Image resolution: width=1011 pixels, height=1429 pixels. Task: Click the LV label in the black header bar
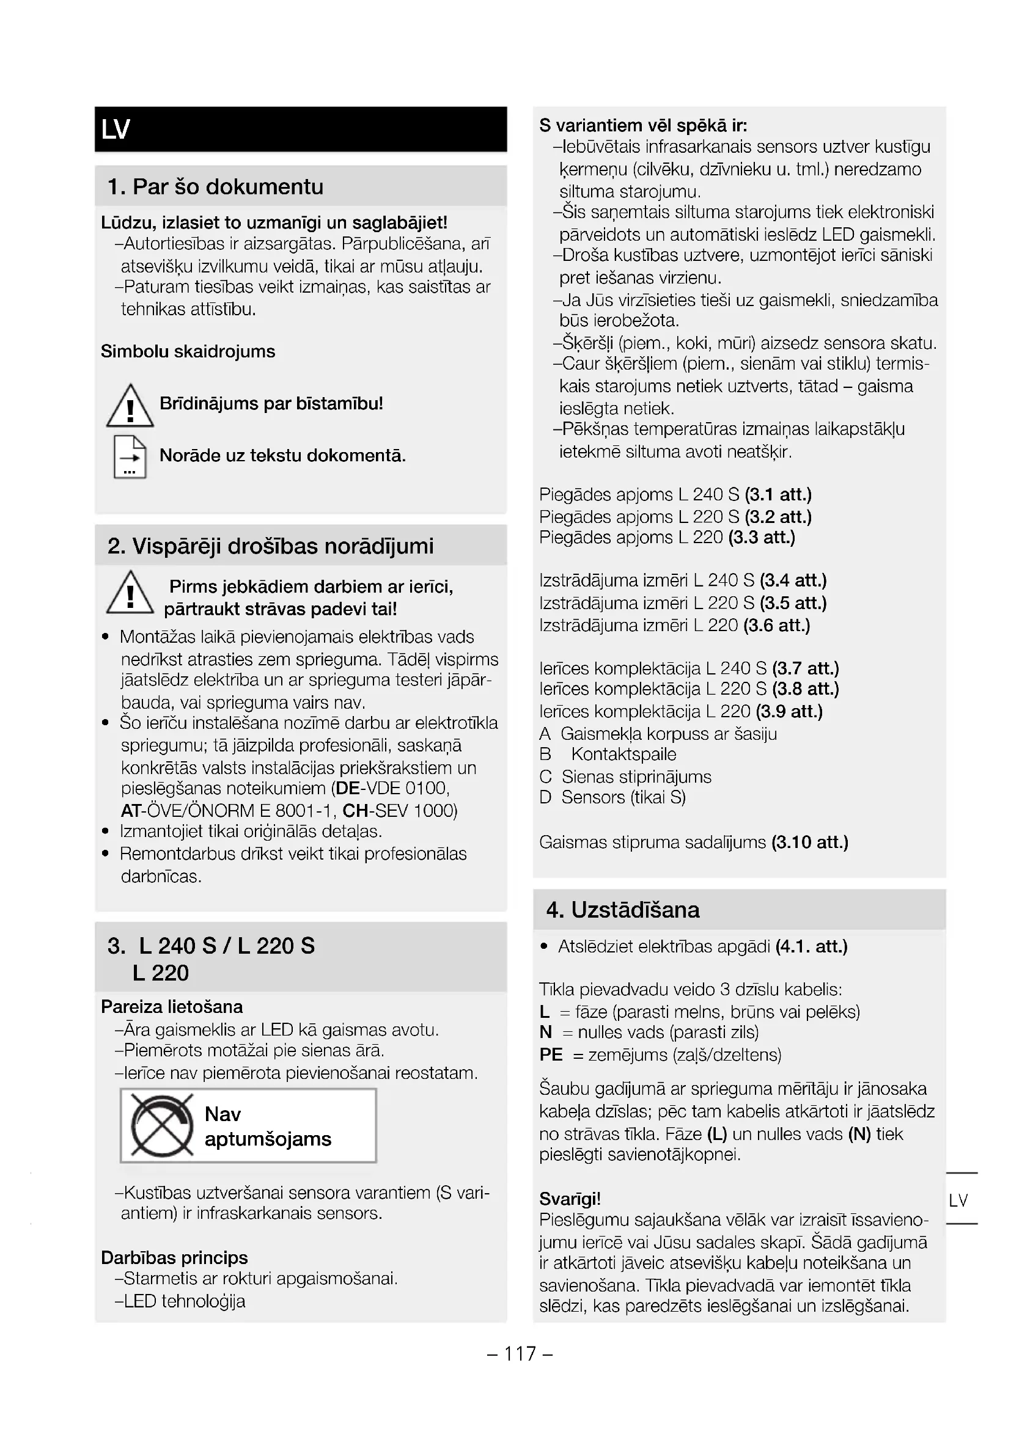(x=116, y=130)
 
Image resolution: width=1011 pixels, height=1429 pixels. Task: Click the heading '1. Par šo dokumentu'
(x=215, y=187)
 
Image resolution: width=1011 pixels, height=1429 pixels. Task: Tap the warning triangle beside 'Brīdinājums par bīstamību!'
(x=130, y=406)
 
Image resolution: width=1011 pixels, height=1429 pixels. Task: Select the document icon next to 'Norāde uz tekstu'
(x=130, y=457)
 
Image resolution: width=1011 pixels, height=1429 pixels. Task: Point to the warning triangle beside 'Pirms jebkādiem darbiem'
(x=130, y=593)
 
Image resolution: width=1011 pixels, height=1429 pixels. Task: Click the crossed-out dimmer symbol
(x=162, y=1125)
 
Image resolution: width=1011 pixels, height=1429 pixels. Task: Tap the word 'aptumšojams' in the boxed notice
(x=268, y=1139)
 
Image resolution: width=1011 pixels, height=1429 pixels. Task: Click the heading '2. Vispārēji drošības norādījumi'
(x=270, y=546)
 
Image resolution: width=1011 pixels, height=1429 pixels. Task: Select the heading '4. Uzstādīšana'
(x=622, y=910)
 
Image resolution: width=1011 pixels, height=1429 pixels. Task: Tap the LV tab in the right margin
(x=958, y=1201)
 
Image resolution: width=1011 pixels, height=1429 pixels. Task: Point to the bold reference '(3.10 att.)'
(x=809, y=842)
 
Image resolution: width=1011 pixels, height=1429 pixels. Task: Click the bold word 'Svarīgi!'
(x=570, y=1199)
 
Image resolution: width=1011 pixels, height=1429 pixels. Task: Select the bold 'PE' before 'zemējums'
(x=551, y=1055)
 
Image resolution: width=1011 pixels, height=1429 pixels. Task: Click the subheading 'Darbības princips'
(x=174, y=1258)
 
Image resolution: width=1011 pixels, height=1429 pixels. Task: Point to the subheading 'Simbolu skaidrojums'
(x=188, y=352)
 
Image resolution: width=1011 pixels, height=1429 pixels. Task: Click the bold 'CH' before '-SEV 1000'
(x=355, y=811)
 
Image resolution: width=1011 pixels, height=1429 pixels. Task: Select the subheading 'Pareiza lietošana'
(x=172, y=1007)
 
